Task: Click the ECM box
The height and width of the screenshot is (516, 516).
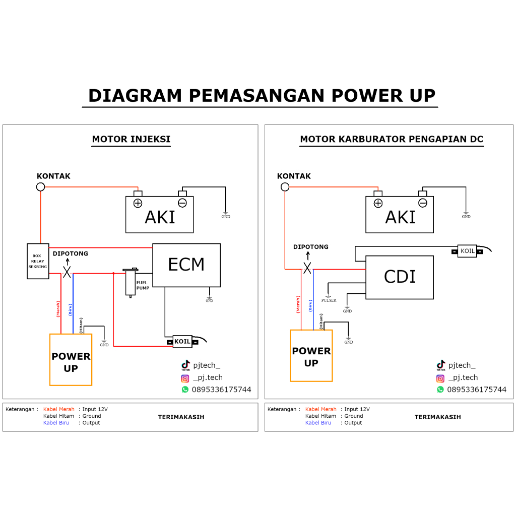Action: (x=186, y=265)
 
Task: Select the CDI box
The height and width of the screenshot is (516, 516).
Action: (x=399, y=277)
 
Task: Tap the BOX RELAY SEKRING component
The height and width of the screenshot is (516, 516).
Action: (x=37, y=261)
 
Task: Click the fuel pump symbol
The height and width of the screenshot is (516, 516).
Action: (x=131, y=283)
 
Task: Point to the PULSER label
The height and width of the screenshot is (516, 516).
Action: (x=329, y=300)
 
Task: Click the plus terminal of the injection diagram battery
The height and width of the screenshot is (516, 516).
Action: (x=138, y=203)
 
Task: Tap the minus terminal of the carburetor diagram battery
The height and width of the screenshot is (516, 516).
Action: (x=423, y=203)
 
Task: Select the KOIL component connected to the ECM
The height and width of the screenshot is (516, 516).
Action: (x=182, y=342)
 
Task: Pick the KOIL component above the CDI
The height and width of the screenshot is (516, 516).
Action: (x=467, y=251)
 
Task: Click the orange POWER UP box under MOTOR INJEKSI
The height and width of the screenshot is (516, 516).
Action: (x=71, y=360)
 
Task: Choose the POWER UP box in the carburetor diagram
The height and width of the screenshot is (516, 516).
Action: (x=311, y=356)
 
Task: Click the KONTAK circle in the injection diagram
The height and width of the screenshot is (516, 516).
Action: (x=41, y=187)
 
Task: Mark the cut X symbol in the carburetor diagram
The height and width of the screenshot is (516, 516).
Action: (x=307, y=268)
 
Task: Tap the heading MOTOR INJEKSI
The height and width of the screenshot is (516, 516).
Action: (x=131, y=140)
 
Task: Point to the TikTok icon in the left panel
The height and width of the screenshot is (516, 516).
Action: (x=185, y=365)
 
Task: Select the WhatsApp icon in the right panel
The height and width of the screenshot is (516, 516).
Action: (x=440, y=390)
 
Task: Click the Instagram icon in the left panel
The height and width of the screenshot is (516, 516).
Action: (x=185, y=378)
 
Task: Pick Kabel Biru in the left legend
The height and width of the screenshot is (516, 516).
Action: (x=56, y=423)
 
